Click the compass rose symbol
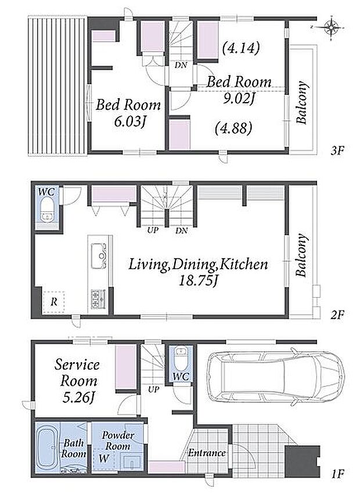click(331, 28)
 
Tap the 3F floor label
click(337, 151)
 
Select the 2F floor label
click(337, 315)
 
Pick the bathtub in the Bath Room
click(48, 448)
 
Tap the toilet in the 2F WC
click(48, 209)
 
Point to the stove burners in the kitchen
click(98, 299)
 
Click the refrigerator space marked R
click(53, 302)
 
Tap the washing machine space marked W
click(104, 458)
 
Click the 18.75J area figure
click(198, 281)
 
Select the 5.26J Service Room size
click(78, 398)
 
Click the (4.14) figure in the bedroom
click(241, 48)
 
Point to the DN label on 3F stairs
click(181, 66)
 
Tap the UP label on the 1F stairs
click(153, 389)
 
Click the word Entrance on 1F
click(207, 453)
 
